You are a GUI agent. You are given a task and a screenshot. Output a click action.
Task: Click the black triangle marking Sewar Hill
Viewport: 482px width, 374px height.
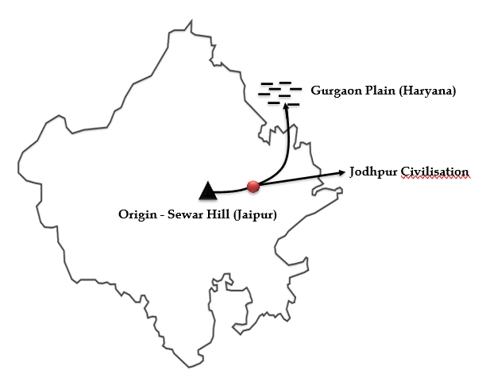[208, 191]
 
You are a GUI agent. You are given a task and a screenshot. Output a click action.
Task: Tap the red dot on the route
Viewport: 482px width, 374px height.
[253, 187]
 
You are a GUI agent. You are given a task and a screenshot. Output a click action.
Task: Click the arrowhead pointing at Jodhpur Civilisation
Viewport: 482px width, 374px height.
[342, 172]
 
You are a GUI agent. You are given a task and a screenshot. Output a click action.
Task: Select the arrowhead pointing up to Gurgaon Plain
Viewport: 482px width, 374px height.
[286, 106]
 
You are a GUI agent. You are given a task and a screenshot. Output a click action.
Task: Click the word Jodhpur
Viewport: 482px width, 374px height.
[373, 172]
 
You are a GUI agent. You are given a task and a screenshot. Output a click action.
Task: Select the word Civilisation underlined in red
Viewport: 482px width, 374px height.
[434, 172]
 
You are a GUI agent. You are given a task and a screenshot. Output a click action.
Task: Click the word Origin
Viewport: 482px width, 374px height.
[137, 214]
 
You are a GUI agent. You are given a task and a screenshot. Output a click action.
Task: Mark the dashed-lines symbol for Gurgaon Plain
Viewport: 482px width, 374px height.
[280, 94]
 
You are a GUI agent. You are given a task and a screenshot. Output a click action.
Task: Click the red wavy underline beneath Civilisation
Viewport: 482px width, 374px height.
[434, 178]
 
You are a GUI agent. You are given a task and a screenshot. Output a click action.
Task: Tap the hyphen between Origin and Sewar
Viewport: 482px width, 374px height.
[162, 215]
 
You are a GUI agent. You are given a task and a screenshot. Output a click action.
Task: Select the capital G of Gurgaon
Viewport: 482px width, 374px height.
[316, 91]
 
